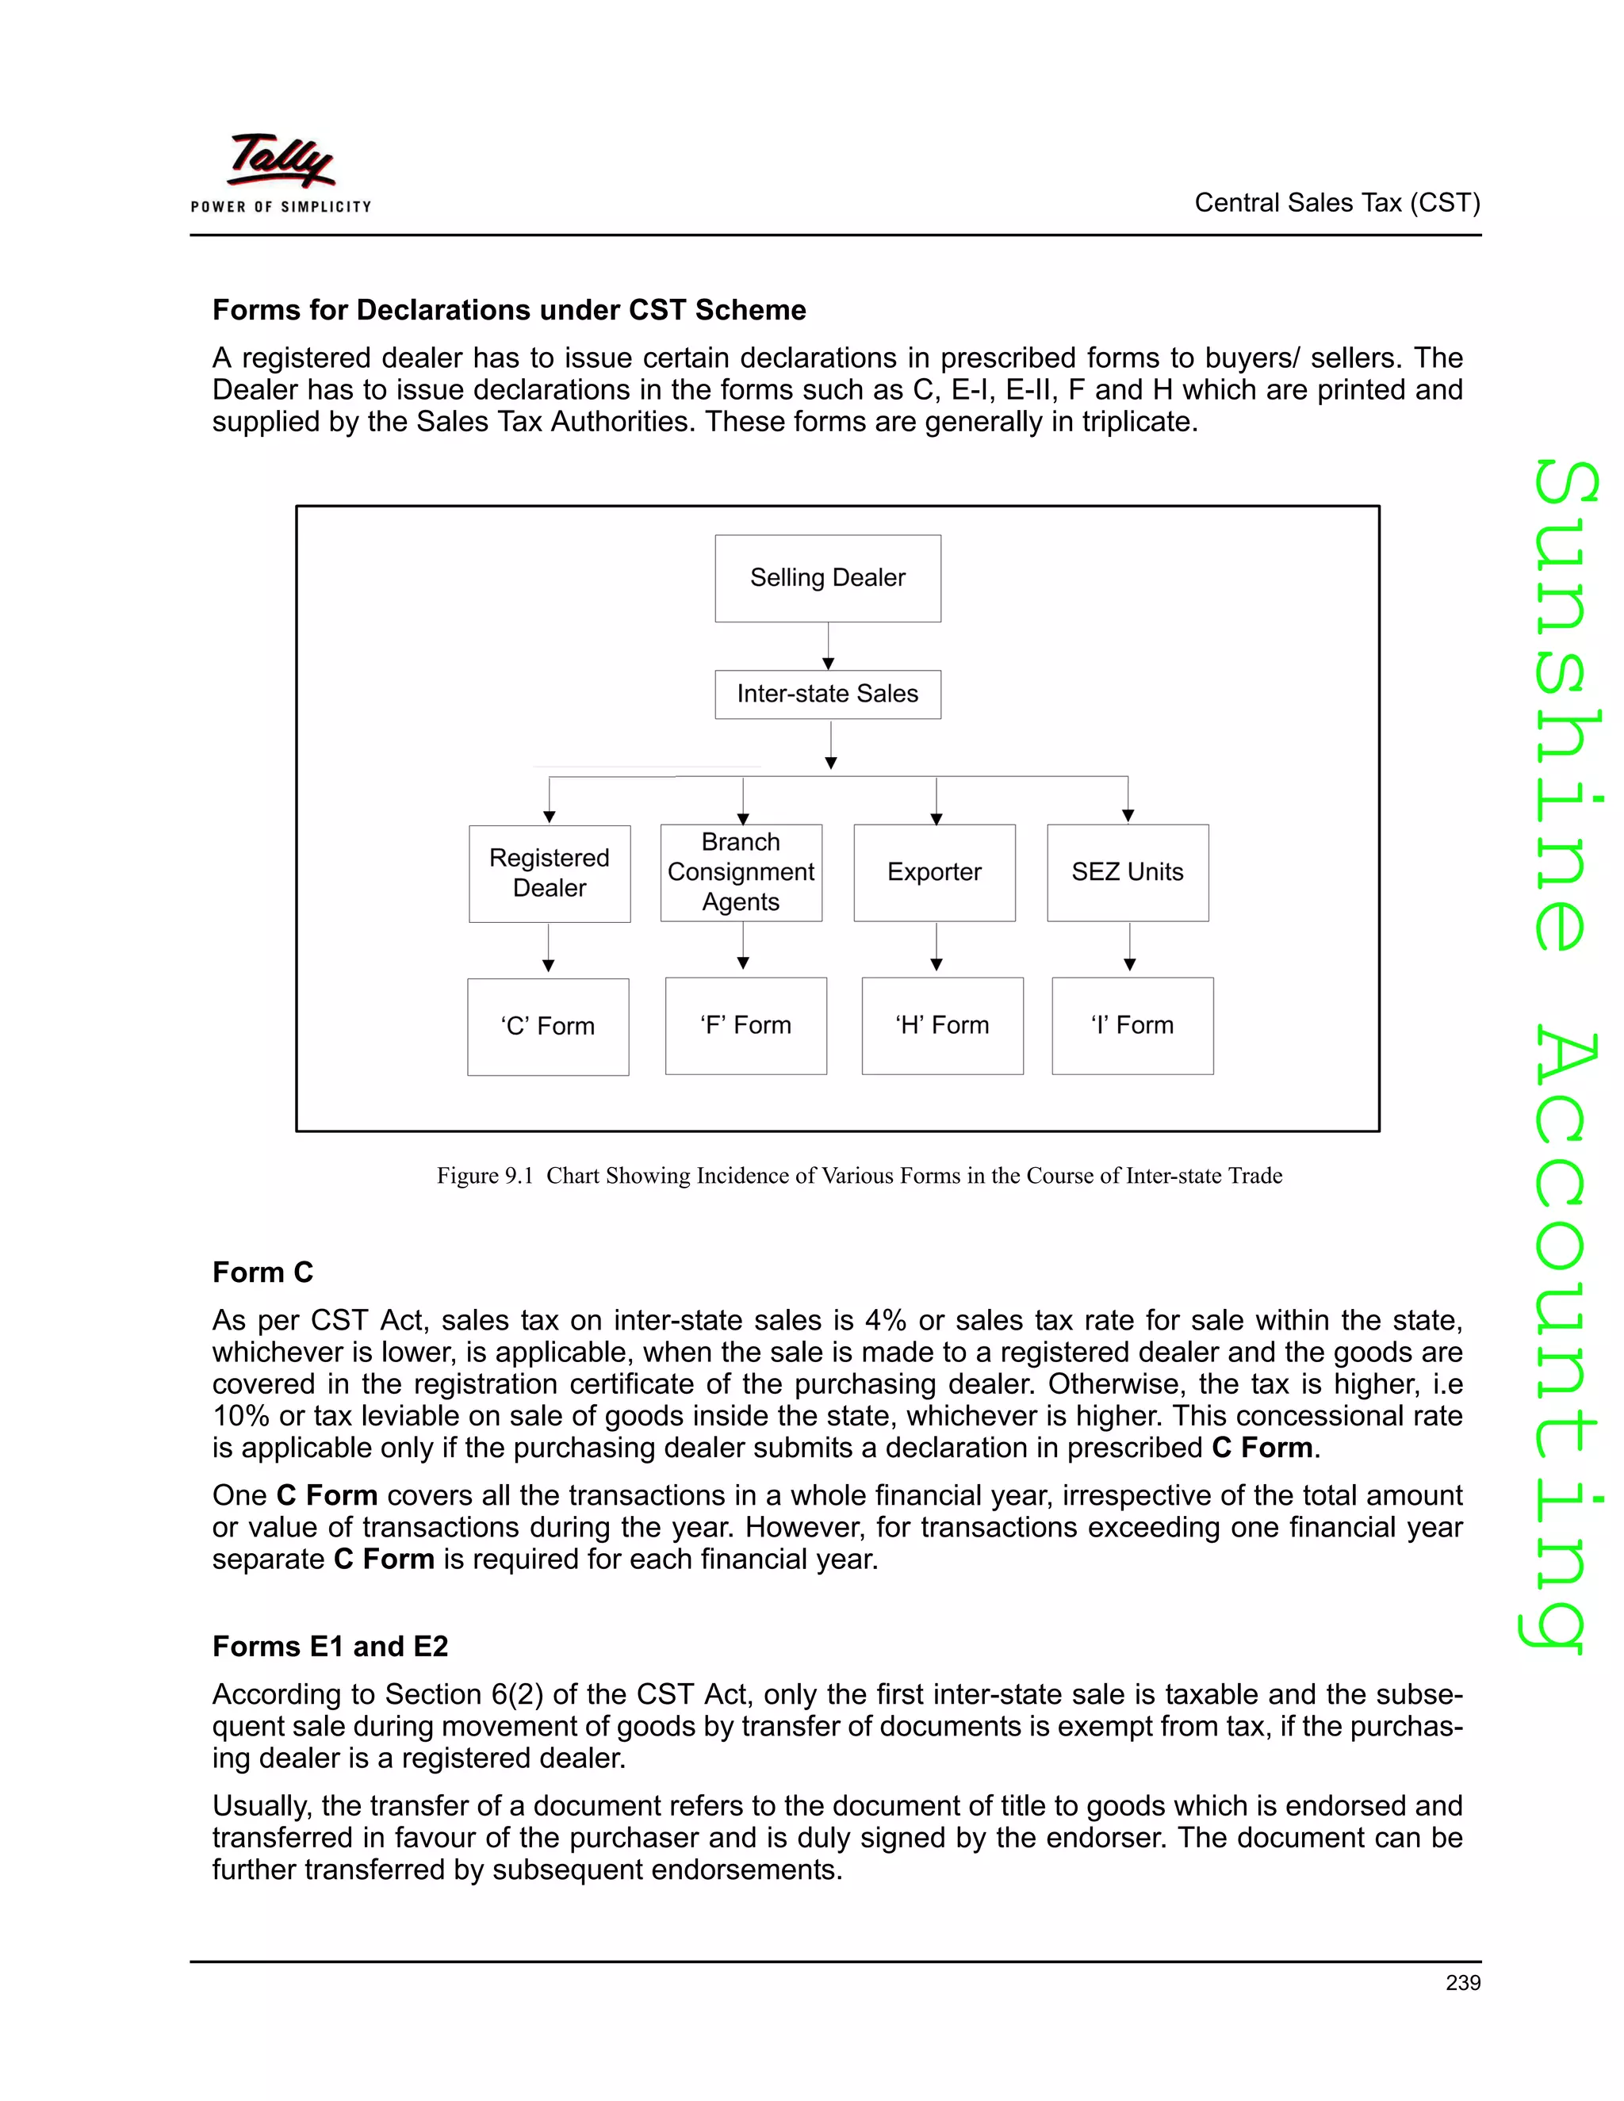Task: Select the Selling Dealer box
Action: pyautogui.click(x=827, y=578)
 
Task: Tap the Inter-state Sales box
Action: pyautogui.click(x=827, y=694)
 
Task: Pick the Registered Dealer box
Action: pyautogui.click(x=550, y=874)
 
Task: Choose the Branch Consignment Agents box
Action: pyautogui.click(x=741, y=873)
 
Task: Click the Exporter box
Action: pyautogui.click(x=934, y=873)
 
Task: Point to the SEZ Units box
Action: pyautogui.click(x=1128, y=873)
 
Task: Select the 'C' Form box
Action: pyautogui.click(x=547, y=1027)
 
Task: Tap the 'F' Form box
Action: pyautogui.click(x=745, y=1025)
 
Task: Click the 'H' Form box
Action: pyautogui.click(x=942, y=1025)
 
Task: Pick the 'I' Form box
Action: pyautogui.click(x=1132, y=1025)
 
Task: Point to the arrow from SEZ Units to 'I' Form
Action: pyautogui.click(x=1129, y=948)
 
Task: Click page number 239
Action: pyautogui.click(x=1462, y=1983)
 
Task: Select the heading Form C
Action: pyautogui.click(x=262, y=1272)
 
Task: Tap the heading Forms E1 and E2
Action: pyautogui.click(x=330, y=1646)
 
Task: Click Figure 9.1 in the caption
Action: pyautogui.click(x=485, y=1176)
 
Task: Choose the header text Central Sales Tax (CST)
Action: pyautogui.click(x=1336, y=203)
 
